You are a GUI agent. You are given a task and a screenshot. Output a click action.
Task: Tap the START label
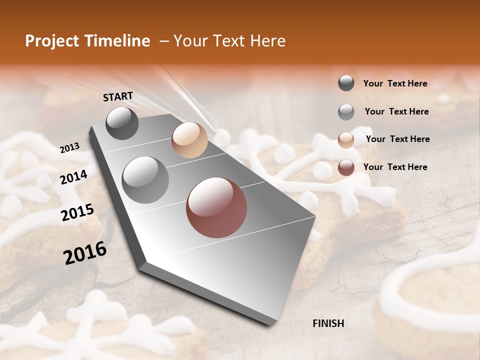click(x=118, y=96)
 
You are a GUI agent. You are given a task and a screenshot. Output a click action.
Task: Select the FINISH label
click(x=328, y=323)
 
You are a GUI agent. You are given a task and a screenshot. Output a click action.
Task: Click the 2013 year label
click(x=69, y=148)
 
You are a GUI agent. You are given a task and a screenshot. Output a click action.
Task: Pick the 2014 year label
click(x=74, y=177)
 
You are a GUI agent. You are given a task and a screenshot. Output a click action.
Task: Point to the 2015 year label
click(x=77, y=212)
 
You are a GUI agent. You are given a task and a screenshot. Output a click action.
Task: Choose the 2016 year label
click(x=85, y=253)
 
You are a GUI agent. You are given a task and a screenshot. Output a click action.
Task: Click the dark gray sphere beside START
click(x=122, y=123)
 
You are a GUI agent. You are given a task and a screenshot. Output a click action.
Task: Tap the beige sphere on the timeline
click(x=189, y=140)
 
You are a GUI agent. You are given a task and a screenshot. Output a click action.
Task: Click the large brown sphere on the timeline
click(x=216, y=207)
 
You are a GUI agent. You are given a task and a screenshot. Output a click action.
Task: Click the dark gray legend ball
click(x=346, y=83)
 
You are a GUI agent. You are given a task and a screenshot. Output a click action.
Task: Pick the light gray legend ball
click(x=346, y=112)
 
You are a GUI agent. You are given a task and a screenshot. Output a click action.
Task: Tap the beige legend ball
click(x=346, y=140)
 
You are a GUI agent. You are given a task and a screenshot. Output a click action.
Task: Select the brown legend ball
click(x=346, y=167)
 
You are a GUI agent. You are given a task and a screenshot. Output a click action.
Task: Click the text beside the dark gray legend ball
click(x=395, y=84)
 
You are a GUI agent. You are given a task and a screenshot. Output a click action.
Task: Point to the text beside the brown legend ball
click(x=395, y=167)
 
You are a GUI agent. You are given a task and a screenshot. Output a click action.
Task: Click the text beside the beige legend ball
click(x=397, y=139)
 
